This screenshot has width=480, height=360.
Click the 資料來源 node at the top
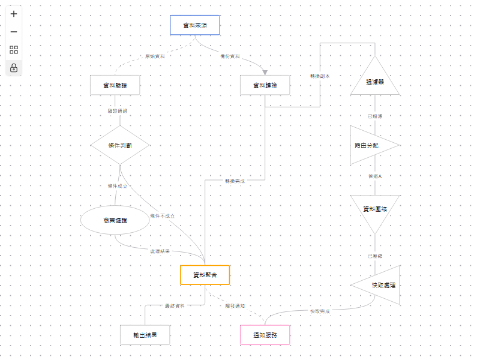click(195, 25)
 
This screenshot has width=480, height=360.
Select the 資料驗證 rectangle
click(115, 85)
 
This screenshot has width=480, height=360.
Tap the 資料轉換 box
click(265, 85)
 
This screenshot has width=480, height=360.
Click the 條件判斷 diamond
click(120, 145)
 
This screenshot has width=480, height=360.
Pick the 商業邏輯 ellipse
click(115, 221)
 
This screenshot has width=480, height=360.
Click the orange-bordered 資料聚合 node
click(205, 275)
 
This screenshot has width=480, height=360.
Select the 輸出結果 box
click(145, 335)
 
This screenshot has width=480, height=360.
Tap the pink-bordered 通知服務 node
click(265, 335)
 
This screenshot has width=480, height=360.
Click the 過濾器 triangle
click(375, 81)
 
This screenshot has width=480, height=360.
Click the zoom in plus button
click(14, 14)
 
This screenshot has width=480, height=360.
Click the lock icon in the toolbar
click(14, 68)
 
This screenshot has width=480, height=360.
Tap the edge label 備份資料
click(230, 56)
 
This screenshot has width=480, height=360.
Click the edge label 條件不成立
click(162, 215)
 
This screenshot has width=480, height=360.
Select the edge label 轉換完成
click(235, 181)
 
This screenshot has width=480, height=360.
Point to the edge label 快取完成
click(319, 311)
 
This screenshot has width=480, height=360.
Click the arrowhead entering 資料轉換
click(265, 73)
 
